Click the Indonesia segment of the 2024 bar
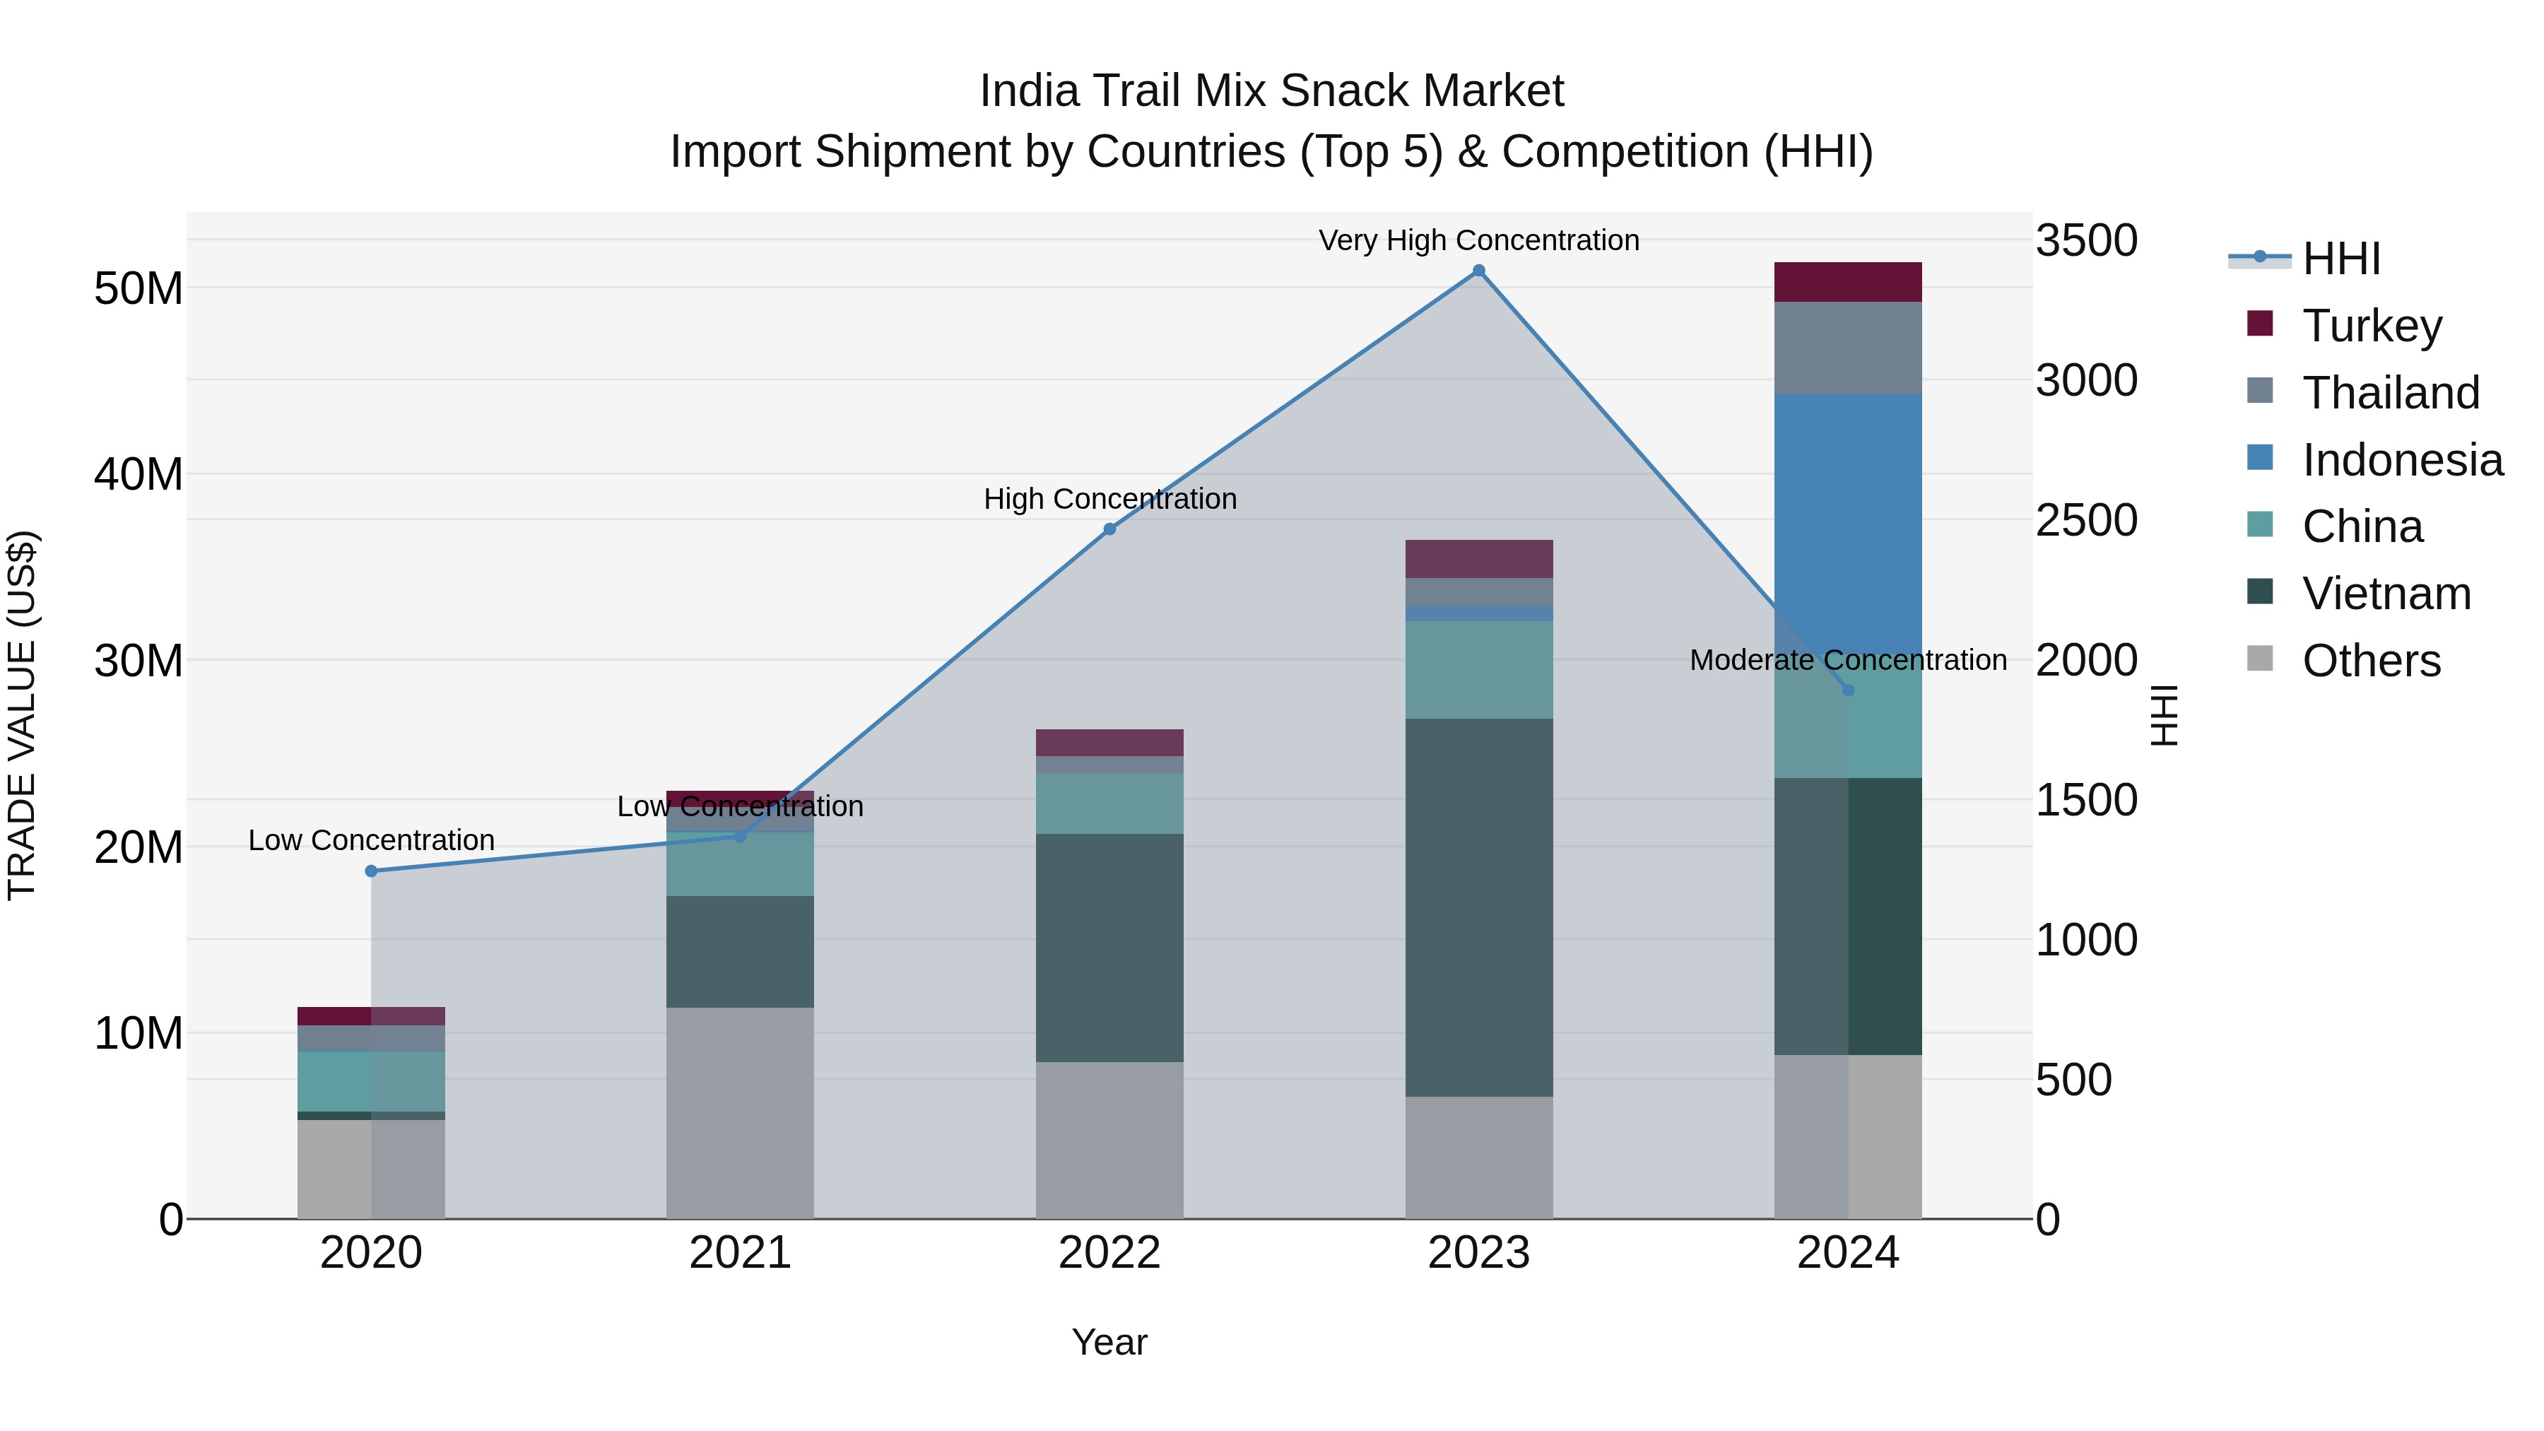1848,514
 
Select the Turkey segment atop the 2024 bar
1848,281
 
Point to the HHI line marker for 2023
1478,271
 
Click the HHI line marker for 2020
371,871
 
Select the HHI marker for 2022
1109,529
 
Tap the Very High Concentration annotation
1478,240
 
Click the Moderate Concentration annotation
1848,660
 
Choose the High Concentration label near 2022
1109,499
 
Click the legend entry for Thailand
2390,392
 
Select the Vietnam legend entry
2386,594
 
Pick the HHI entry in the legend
2340,259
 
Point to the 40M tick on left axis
139,474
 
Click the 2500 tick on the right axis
2086,520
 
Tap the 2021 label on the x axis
740,1253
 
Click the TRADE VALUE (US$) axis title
23,715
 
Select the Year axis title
1109,1342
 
